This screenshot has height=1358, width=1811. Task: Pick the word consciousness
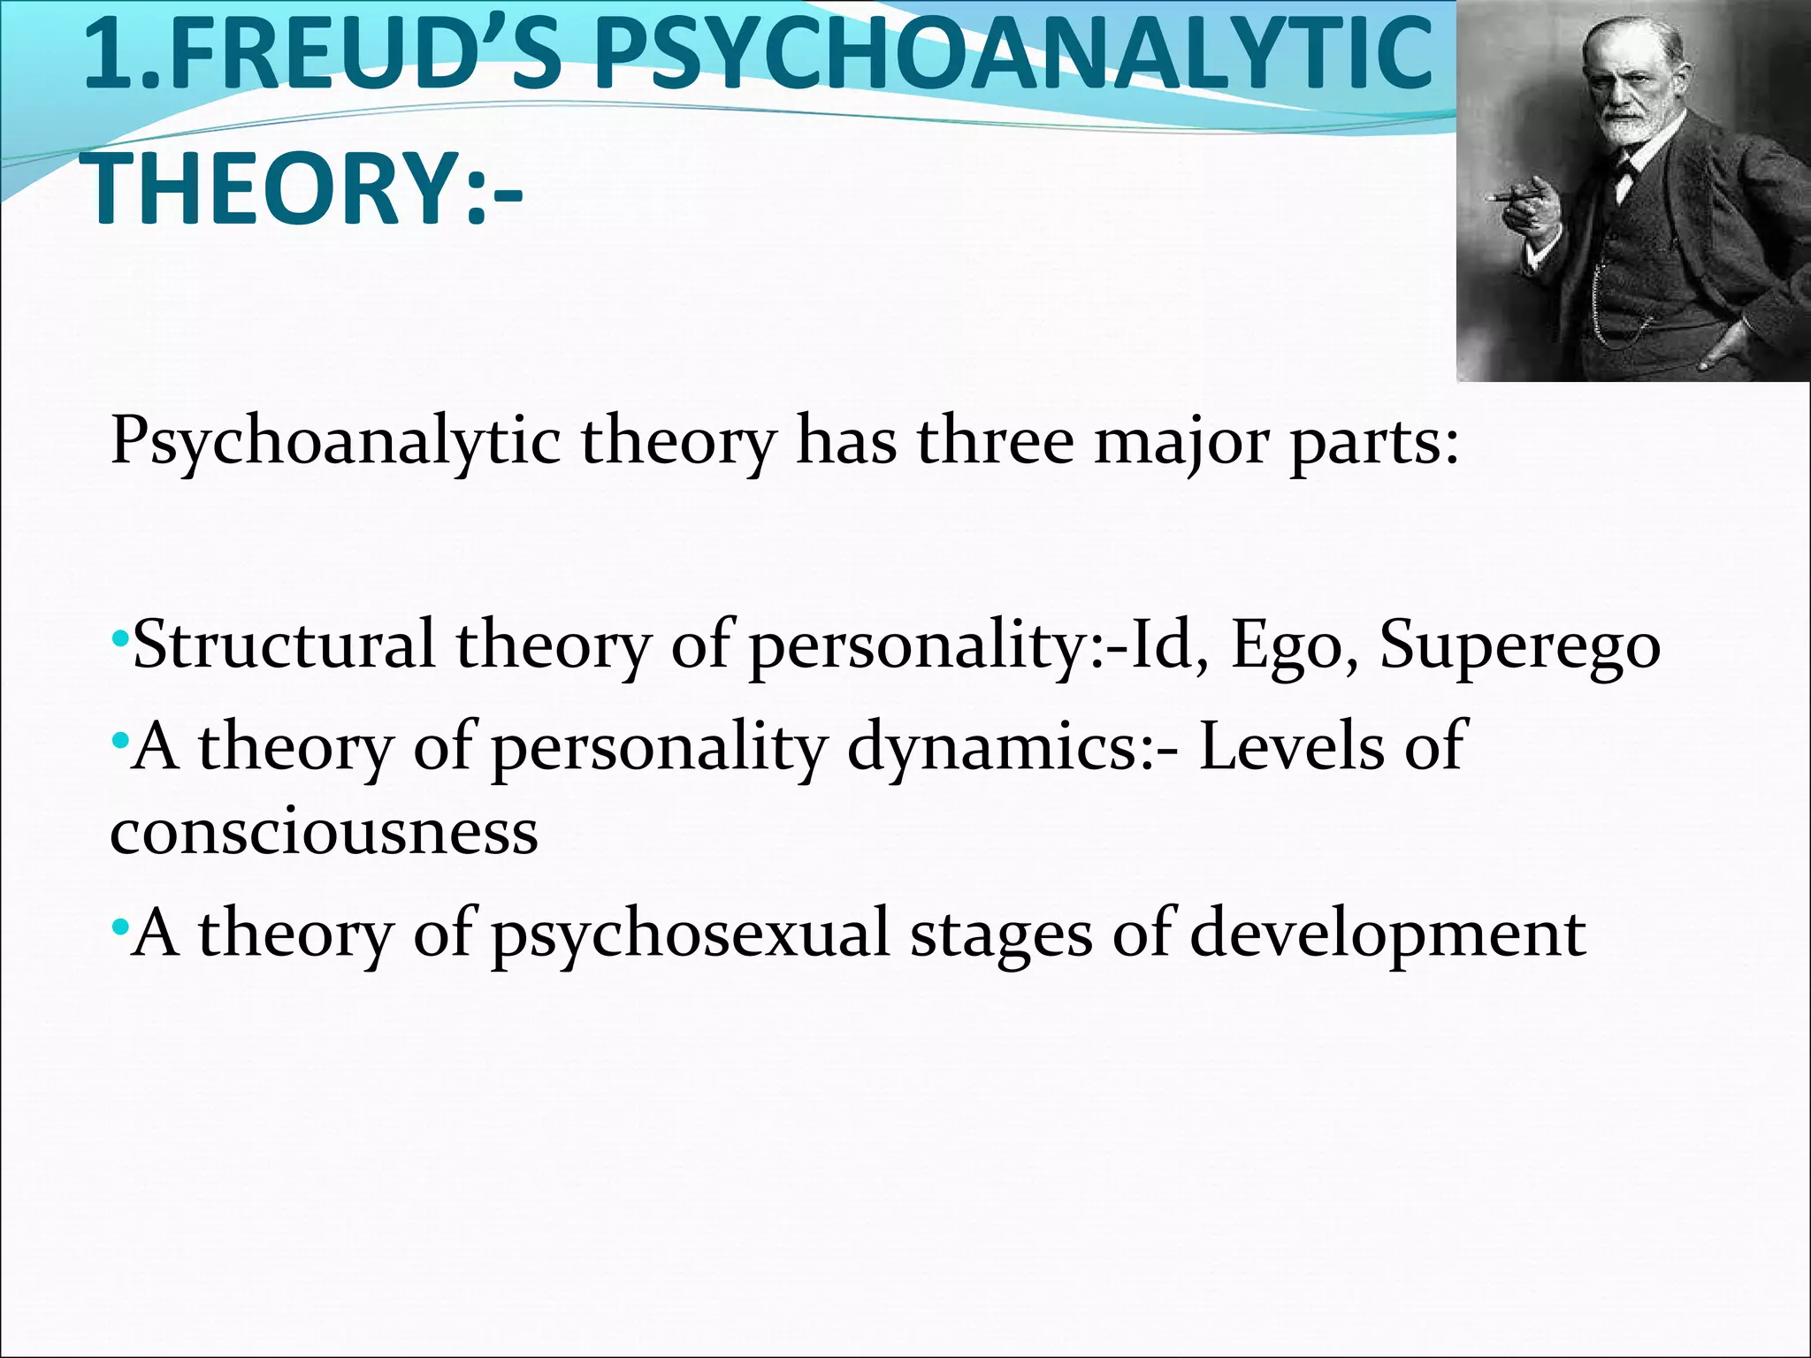[324, 831]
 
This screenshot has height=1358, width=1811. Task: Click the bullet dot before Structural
[120, 638]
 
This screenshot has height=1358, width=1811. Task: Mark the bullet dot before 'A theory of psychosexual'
[120, 928]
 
